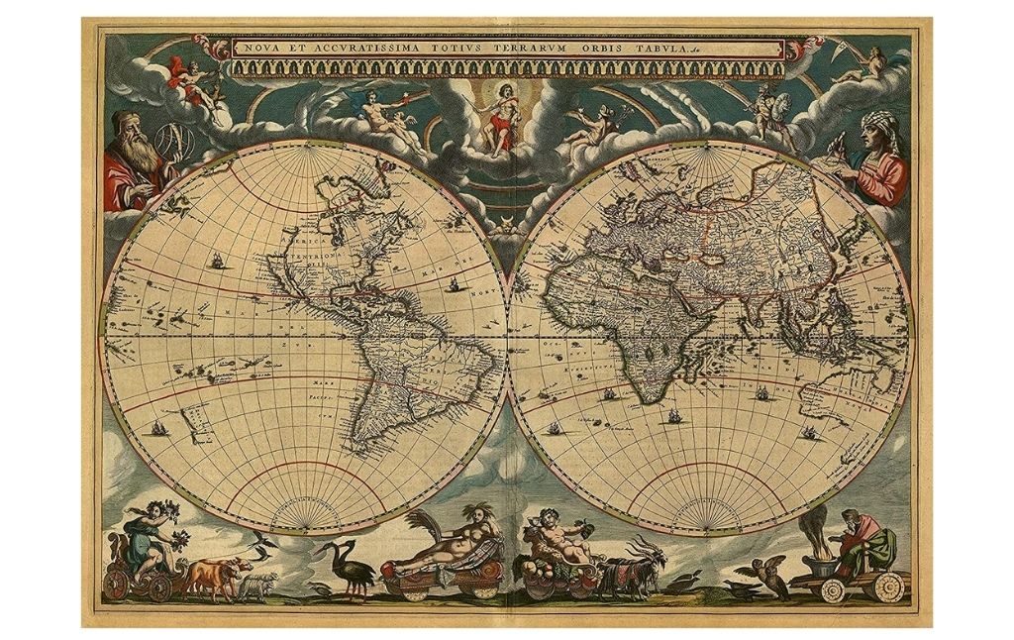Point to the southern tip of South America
(x=362, y=451)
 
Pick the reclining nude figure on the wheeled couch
(x=443, y=550)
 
